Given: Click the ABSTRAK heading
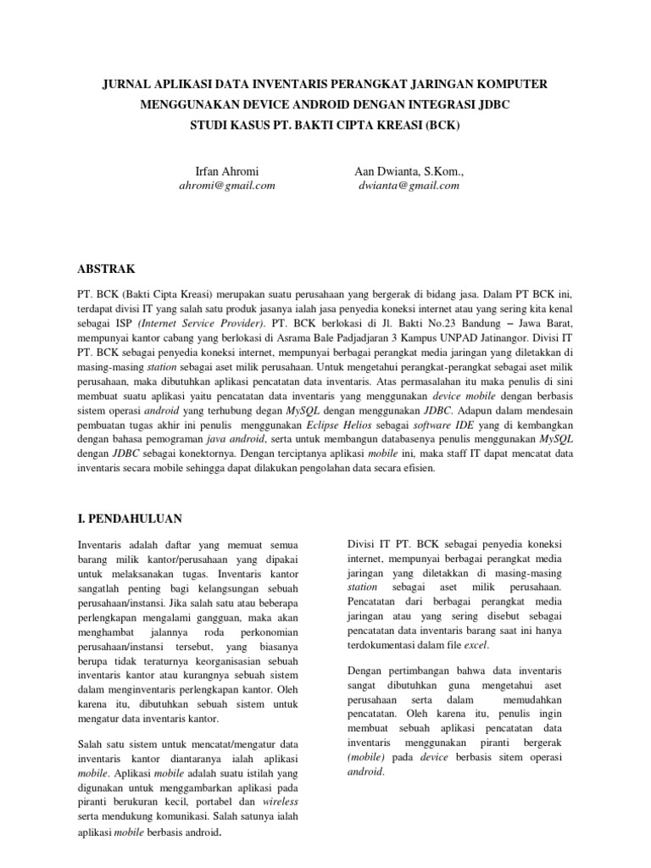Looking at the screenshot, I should [x=106, y=269].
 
